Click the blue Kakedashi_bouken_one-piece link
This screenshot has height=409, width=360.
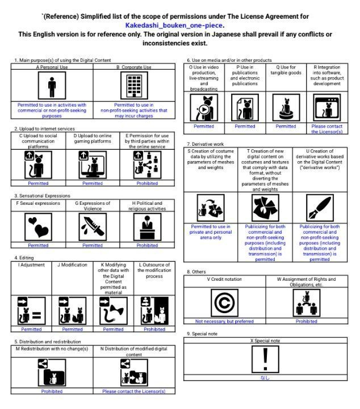point(174,26)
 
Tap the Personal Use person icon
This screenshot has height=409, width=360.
point(52,86)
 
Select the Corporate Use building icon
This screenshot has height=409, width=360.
point(134,86)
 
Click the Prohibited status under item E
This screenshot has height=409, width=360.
point(147,183)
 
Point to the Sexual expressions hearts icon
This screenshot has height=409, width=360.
point(39,227)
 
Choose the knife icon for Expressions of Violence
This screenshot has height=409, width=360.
point(93,227)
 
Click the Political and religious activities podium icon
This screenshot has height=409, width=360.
point(147,227)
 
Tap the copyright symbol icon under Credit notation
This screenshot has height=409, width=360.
point(224,303)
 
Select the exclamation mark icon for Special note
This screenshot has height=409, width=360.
point(266,360)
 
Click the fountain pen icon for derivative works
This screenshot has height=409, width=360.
point(320,208)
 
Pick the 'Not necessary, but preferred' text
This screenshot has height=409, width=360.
point(224,321)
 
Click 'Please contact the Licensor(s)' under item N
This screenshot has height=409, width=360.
point(134,391)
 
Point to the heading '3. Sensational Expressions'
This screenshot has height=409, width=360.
point(42,196)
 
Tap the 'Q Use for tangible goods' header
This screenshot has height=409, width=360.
point(286,70)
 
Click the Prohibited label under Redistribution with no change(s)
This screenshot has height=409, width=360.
point(52,391)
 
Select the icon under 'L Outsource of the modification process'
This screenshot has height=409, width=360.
point(154,311)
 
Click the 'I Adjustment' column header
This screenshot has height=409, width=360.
point(31,265)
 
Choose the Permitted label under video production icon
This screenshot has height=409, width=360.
point(204,127)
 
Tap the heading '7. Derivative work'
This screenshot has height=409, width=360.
point(205,144)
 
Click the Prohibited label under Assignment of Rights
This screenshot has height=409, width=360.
point(307,321)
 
